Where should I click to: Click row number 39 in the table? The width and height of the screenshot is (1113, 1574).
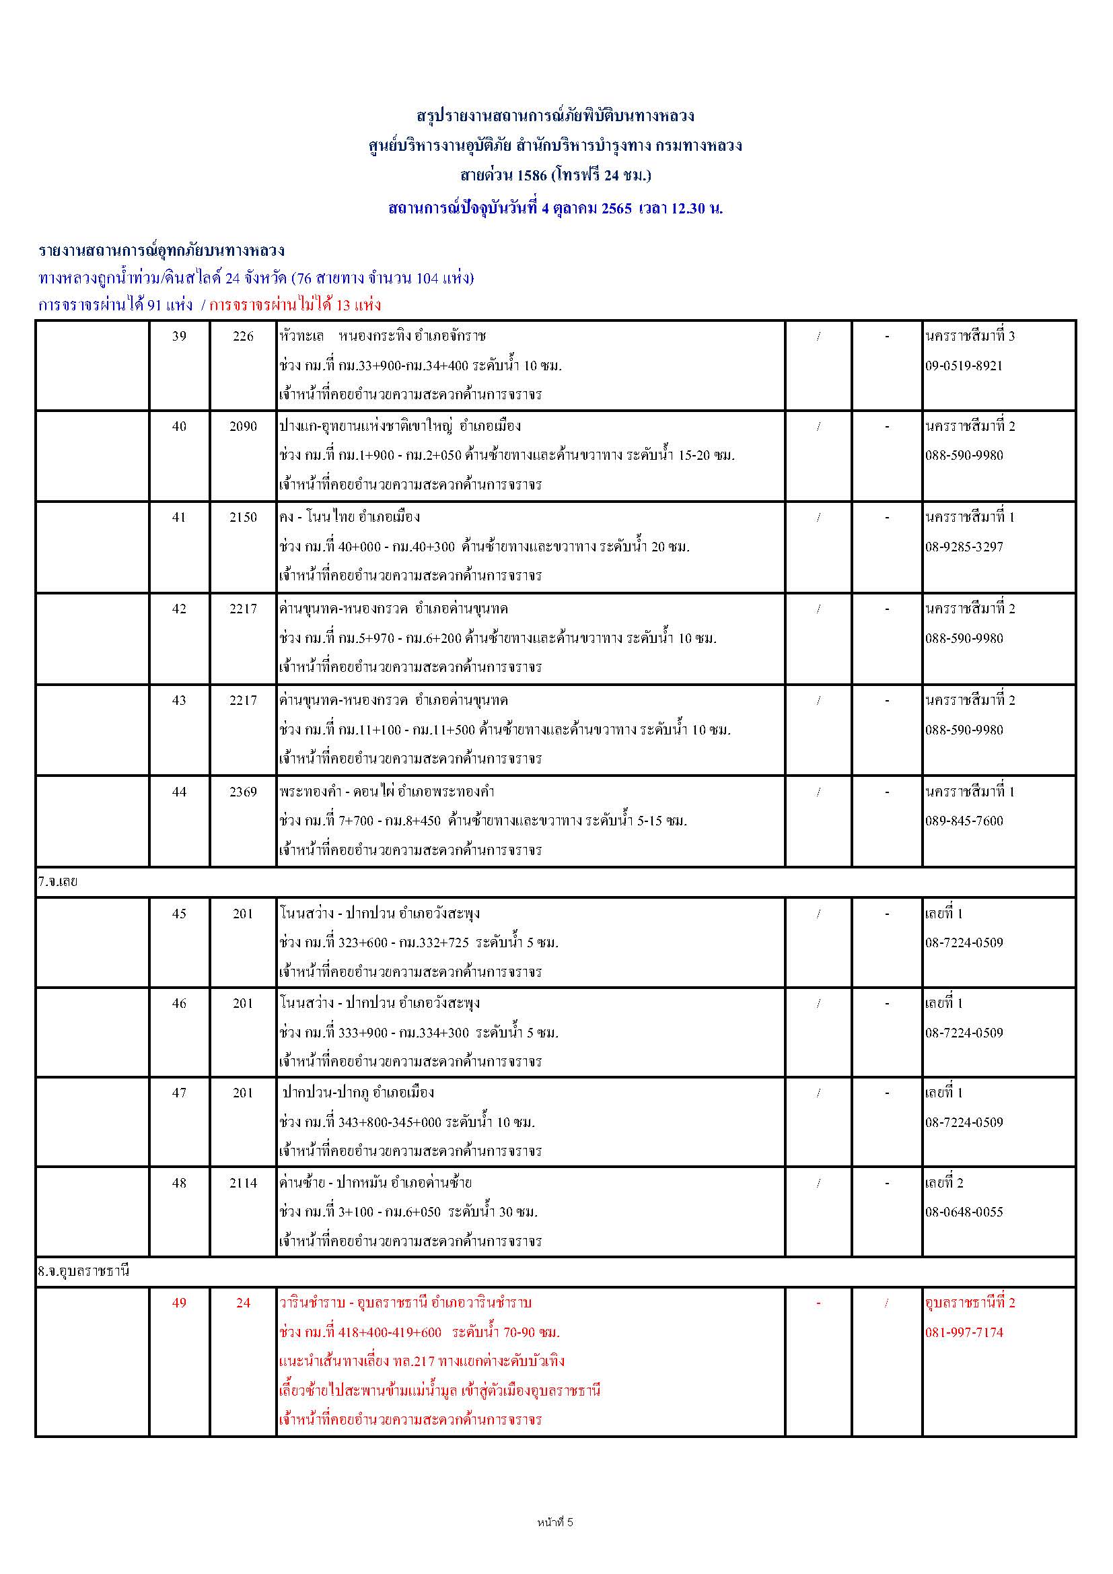pyautogui.click(x=179, y=336)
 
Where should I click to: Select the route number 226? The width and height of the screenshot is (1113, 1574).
pyautogui.click(x=244, y=336)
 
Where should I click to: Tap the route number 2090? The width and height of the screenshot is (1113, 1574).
pyautogui.click(x=244, y=426)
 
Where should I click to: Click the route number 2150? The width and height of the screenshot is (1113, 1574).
pyautogui.click(x=244, y=518)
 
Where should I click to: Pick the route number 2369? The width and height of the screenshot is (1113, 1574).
pyautogui.click(x=244, y=792)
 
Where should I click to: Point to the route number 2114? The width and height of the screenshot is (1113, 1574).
pyautogui.click(x=244, y=1183)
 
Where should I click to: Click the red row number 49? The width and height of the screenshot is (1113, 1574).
pyautogui.click(x=179, y=1303)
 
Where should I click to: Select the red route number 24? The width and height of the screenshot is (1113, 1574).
pyautogui.click(x=244, y=1303)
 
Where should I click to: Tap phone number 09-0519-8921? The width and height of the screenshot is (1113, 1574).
pyautogui.click(x=964, y=366)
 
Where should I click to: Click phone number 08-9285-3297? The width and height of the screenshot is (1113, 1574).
pyautogui.click(x=964, y=547)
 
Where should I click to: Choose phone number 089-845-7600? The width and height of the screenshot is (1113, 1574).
pyautogui.click(x=964, y=821)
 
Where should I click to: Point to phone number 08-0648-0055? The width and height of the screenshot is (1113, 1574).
pyautogui.click(x=964, y=1211)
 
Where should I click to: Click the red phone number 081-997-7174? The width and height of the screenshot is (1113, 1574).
pyautogui.click(x=964, y=1332)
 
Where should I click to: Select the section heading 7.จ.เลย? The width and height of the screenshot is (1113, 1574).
pyautogui.click(x=58, y=883)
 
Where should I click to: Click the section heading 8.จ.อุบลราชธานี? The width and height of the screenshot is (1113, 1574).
pyautogui.click(x=83, y=1271)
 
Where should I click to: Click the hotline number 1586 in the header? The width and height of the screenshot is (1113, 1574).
pyautogui.click(x=532, y=176)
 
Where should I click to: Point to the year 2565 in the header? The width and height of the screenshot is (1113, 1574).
pyautogui.click(x=616, y=209)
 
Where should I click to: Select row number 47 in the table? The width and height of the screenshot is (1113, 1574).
pyautogui.click(x=179, y=1093)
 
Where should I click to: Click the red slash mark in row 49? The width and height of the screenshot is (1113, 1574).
pyautogui.click(x=886, y=1303)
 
